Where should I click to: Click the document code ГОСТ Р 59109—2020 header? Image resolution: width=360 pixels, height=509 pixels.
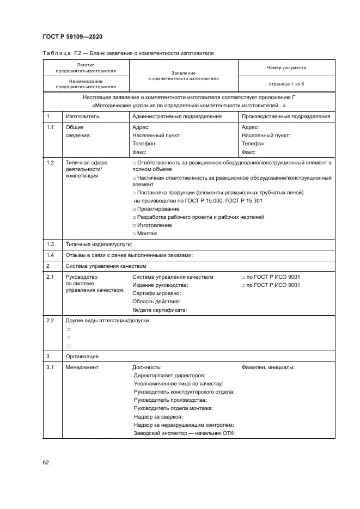pos(72,36)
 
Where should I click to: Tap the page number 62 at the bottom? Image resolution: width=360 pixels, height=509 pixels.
pos(46,462)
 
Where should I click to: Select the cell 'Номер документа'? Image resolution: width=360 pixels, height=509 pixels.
pos(286,68)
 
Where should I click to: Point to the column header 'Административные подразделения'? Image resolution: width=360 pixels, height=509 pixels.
pos(177,116)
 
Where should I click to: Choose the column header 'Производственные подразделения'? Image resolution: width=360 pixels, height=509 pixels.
pos(286,116)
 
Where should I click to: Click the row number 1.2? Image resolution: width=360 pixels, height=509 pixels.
pos(51,163)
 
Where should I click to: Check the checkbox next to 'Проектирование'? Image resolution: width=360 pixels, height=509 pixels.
pos(134,209)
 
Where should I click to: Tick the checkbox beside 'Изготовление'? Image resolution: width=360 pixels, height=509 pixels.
pos(134,225)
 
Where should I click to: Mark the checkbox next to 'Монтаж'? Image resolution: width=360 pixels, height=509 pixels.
pos(134,234)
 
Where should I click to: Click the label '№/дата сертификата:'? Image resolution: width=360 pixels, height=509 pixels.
pos(160,310)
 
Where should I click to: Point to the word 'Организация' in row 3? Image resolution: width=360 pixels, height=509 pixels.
pos(82,356)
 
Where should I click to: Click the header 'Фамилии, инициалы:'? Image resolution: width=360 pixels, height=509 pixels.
pos(268,367)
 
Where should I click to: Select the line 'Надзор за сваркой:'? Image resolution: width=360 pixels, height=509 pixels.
pos(158,416)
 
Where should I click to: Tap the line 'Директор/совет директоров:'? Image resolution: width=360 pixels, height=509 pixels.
pos(169,376)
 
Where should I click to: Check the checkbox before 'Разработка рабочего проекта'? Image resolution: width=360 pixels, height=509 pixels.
pos(134,217)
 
